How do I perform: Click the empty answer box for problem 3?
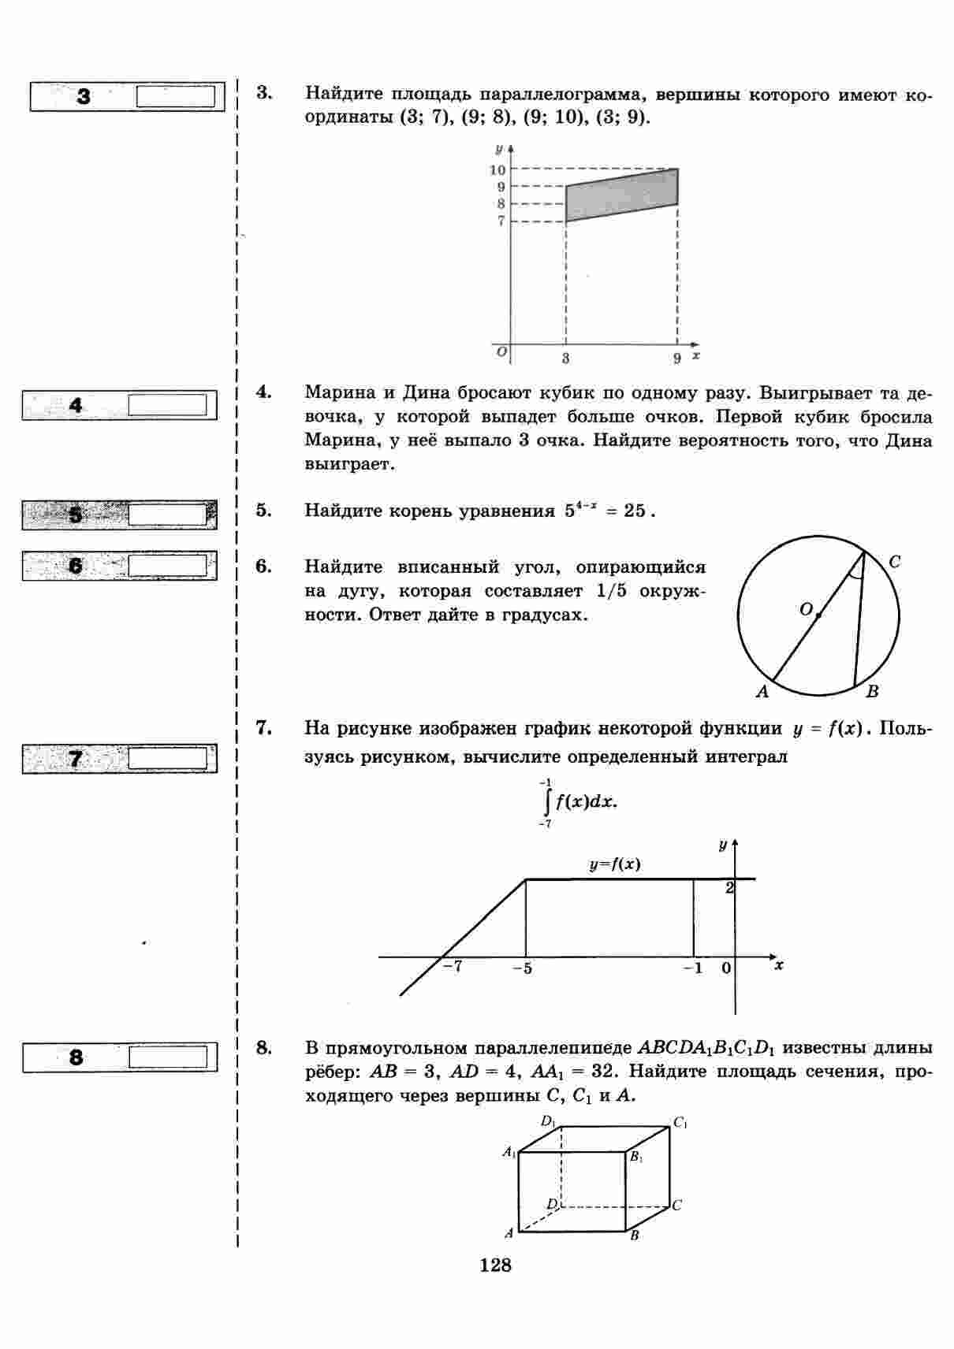click(x=175, y=97)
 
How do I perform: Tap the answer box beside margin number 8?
click(x=167, y=1057)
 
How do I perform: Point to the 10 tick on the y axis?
click(x=497, y=169)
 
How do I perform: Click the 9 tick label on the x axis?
click(x=676, y=359)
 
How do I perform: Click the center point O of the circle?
click(x=818, y=615)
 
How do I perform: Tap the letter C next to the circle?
click(x=894, y=562)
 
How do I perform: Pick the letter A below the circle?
click(x=762, y=692)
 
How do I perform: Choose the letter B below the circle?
click(x=872, y=692)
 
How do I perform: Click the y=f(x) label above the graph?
click(x=615, y=864)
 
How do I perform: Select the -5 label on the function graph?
click(x=522, y=968)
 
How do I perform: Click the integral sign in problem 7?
click(x=546, y=802)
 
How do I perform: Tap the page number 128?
click(x=495, y=1265)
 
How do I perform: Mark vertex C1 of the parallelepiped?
click(x=680, y=1123)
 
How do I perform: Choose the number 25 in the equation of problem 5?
click(x=634, y=511)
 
